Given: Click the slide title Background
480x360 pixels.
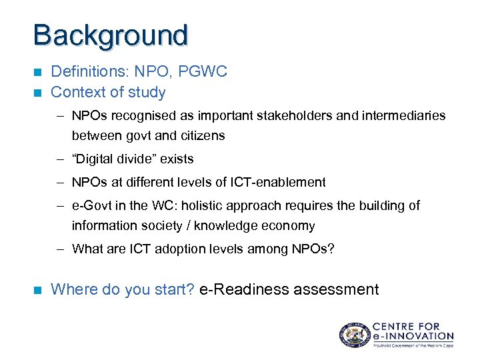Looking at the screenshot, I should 111,35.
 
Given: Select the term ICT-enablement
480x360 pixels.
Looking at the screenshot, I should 278,182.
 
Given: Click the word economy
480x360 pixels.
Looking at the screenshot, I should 291,225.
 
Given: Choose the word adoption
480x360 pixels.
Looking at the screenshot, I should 169,249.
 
